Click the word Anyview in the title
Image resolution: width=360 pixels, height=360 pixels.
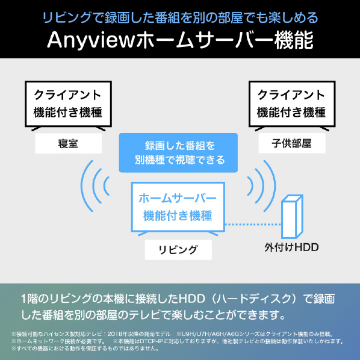point(91,40)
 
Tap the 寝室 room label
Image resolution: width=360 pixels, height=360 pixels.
point(68,143)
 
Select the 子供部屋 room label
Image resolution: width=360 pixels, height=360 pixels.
point(292,143)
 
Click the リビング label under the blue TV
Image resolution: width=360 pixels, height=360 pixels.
point(178,250)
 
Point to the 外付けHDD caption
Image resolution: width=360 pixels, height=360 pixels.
point(291,247)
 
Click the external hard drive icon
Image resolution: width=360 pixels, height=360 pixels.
point(292,217)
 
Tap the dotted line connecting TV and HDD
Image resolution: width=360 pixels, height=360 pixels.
point(253,225)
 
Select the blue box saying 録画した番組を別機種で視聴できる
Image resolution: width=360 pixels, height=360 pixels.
point(178,153)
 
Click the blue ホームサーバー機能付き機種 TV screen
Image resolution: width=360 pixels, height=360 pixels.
point(178,207)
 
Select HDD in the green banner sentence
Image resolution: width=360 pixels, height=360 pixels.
point(191,299)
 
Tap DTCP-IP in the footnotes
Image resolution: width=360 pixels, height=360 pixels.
point(151,341)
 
